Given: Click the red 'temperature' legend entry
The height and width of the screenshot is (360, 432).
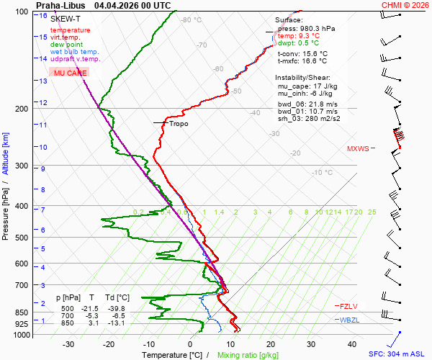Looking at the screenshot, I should coord(70,30).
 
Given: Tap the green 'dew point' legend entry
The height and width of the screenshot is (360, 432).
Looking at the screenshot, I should coord(67,45).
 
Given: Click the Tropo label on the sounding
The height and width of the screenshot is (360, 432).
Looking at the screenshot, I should coord(179,124).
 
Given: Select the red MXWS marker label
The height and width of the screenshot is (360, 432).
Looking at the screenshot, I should coord(358,149).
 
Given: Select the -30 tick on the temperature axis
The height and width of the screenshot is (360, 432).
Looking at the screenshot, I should coord(69,344).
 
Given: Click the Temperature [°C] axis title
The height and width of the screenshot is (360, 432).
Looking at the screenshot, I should coord(171,355).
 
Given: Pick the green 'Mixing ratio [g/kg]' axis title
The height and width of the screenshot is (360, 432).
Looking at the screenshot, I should coord(248,355).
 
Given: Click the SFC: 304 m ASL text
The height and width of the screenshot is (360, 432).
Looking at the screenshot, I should coord(398,354).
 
